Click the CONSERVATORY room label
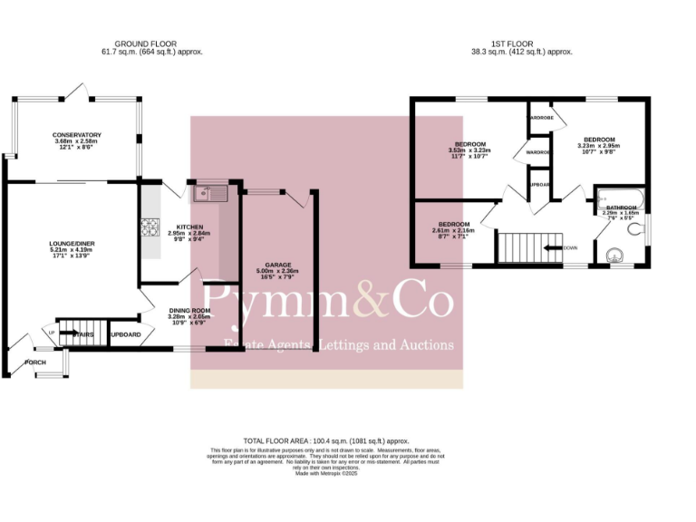coord(76,135)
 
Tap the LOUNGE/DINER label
coord(72,243)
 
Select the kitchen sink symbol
coord(209,193)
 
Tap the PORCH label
coord(35,362)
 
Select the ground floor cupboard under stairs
coord(125,334)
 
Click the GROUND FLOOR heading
coord(145,43)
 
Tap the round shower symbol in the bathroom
coord(619,255)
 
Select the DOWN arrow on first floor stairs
coord(562,246)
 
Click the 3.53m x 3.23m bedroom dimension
coord(470,150)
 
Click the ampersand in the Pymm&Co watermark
coord(369,302)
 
